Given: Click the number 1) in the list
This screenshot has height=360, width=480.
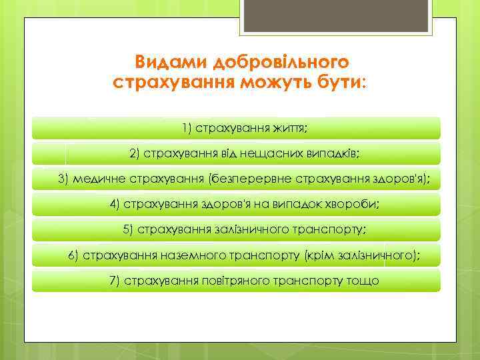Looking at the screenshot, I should click(187, 127).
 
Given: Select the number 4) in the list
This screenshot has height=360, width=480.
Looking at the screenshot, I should click(115, 204).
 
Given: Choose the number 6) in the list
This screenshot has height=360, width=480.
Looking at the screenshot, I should click(74, 255).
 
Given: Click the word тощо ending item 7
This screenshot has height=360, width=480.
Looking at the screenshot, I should click(363, 281).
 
